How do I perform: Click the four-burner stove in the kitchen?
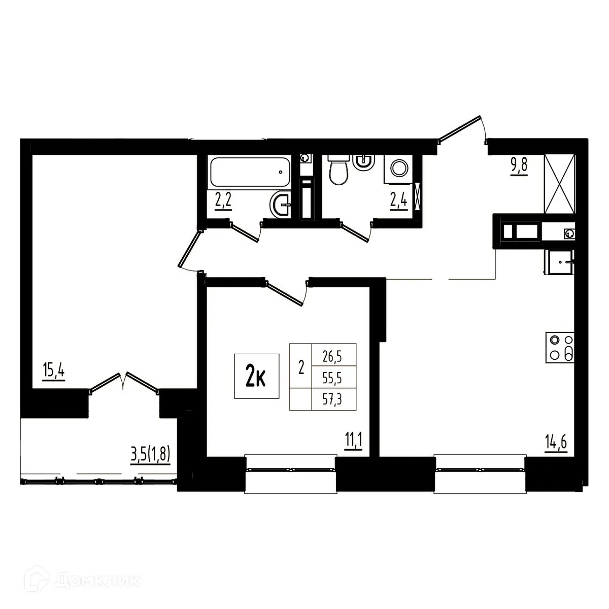click(561, 348)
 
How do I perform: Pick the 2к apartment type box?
click(257, 376)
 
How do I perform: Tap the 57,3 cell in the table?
click(332, 399)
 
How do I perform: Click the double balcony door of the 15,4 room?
click(124, 383)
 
